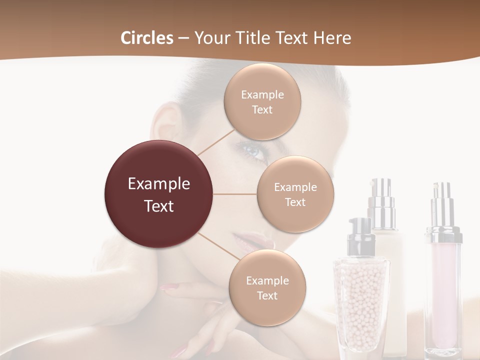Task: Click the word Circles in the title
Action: (x=146, y=38)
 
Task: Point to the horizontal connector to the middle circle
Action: (x=235, y=194)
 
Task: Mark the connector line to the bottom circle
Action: (x=216, y=245)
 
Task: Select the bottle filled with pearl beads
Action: (x=361, y=300)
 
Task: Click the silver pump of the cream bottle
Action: (x=381, y=197)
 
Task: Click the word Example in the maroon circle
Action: (x=159, y=184)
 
